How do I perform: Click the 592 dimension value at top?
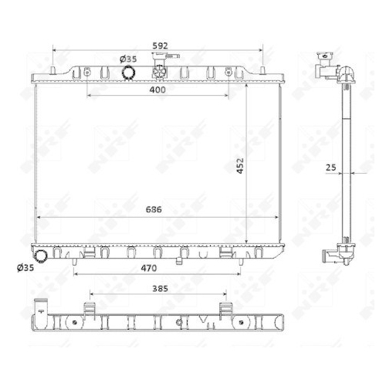(160, 46)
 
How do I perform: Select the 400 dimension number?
(157, 90)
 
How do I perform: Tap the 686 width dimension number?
(154, 209)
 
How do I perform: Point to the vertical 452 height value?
(240, 166)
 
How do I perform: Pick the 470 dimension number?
(149, 268)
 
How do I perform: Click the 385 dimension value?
(160, 289)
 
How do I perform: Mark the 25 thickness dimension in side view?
(331, 168)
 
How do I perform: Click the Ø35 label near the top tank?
(128, 59)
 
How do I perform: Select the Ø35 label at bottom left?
(25, 268)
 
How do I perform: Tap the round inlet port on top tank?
(128, 73)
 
